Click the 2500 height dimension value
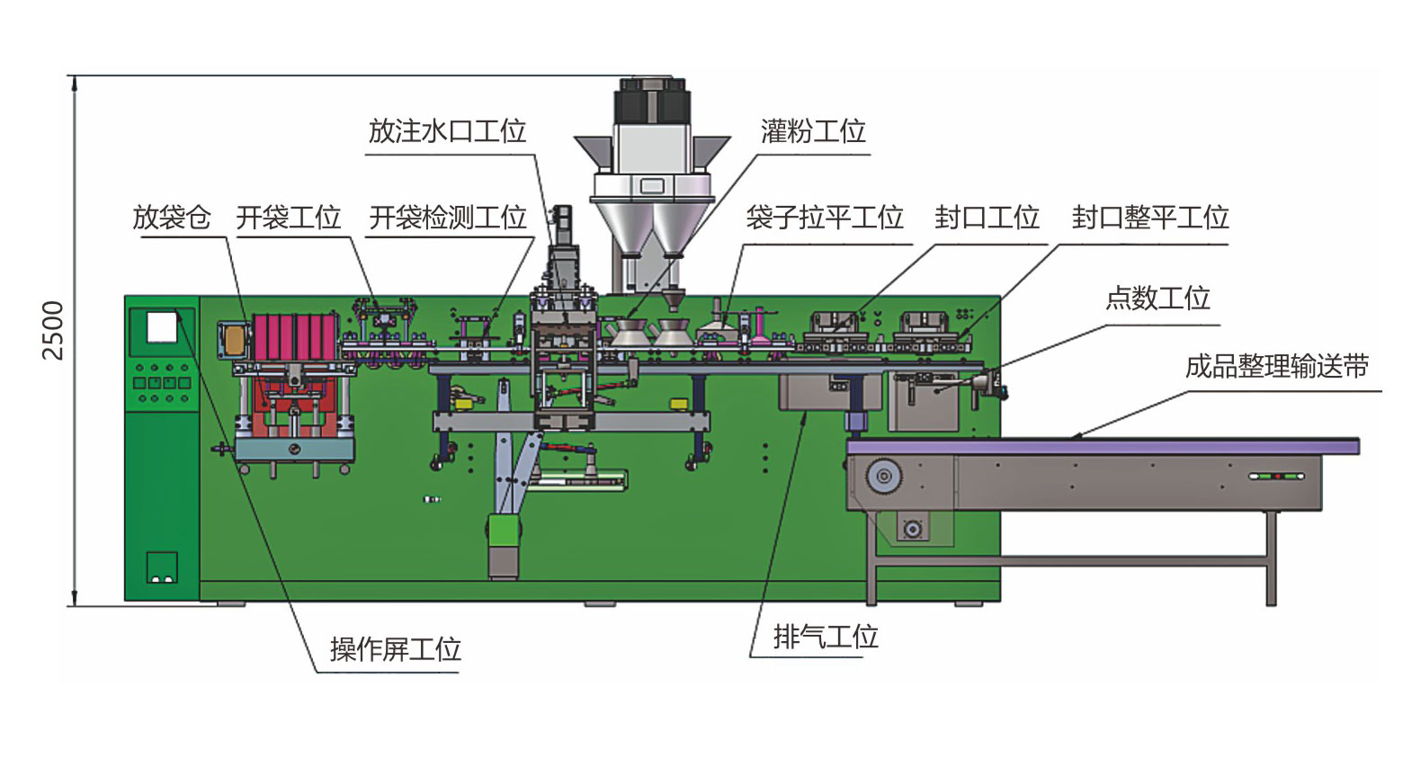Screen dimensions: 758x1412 (53, 330)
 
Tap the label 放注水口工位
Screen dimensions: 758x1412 (447, 131)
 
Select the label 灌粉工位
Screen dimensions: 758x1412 (812, 131)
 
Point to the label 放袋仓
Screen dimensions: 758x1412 (171, 218)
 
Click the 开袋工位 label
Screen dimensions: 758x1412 (288, 218)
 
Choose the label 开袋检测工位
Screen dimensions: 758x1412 (447, 218)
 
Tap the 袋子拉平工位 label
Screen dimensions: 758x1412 (824, 218)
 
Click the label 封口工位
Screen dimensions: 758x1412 (987, 218)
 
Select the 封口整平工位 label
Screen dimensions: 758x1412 (1149, 218)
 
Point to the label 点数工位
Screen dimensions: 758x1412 (1157, 299)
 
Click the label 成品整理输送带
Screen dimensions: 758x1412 (1276, 367)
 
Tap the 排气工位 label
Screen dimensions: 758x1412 (825, 638)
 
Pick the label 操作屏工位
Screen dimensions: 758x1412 (395, 649)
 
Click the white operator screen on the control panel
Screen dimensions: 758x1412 (161, 327)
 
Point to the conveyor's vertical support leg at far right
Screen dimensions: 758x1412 (1271, 557)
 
